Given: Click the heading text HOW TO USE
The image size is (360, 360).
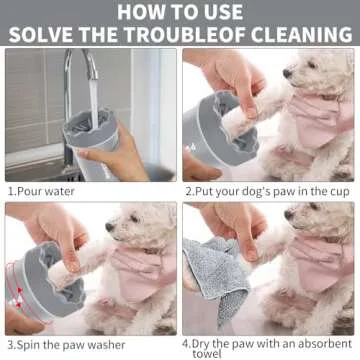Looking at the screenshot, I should point(180,11).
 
